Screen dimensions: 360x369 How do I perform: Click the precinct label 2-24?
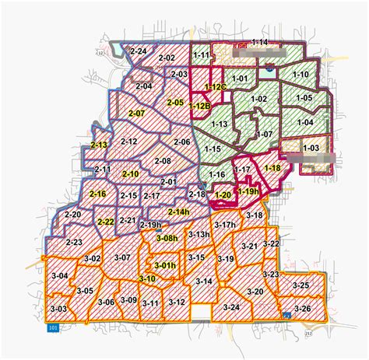(139, 51)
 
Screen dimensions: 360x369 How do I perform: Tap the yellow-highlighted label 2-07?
(136, 114)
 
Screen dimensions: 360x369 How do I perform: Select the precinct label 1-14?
(259, 42)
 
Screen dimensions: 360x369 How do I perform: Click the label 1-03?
(311, 147)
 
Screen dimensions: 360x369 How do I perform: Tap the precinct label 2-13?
(99, 145)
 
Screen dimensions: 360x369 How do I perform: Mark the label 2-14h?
(177, 211)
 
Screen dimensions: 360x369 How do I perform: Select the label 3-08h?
(167, 238)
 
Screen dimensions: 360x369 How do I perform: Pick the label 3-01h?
(165, 266)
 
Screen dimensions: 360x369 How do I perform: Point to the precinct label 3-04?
(59, 276)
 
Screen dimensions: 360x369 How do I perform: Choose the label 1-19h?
(248, 190)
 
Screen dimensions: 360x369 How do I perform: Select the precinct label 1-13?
(220, 124)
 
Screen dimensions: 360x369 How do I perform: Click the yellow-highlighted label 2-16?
(97, 194)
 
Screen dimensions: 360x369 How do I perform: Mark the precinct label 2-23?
(75, 243)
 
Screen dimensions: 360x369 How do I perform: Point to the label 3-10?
(147, 278)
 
